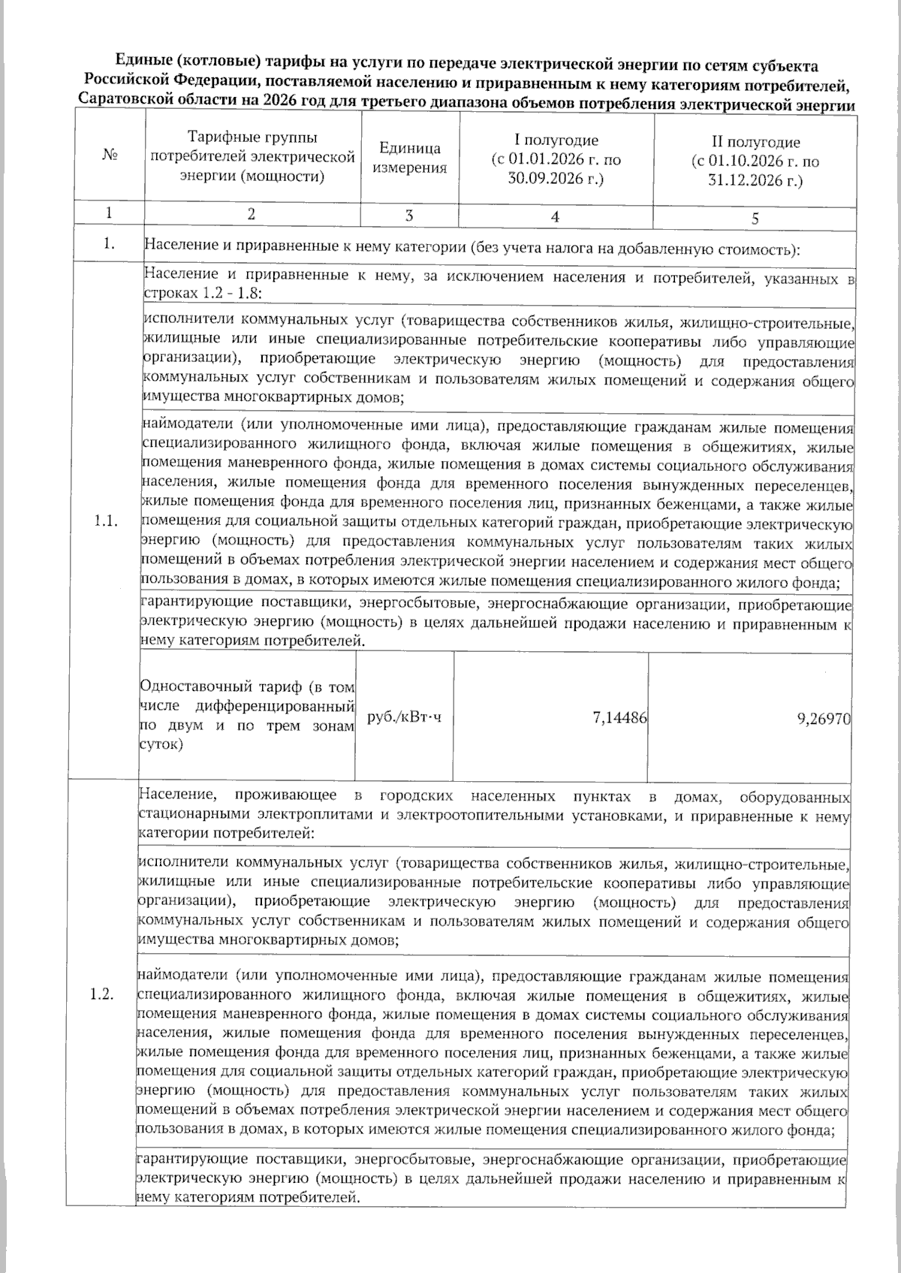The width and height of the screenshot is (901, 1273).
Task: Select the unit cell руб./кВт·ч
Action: click(404, 718)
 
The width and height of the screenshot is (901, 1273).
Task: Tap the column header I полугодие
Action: click(556, 140)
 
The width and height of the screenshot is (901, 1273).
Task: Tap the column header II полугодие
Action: click(755, 142)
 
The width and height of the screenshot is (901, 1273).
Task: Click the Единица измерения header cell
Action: click(409, 158)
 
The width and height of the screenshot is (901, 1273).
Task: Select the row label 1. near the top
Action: click(110, 245)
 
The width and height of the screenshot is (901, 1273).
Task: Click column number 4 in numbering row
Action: click(555, 216)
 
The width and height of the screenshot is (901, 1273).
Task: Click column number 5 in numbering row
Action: click(755, 219)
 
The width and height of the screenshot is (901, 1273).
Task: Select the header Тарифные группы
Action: click(252, 138)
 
